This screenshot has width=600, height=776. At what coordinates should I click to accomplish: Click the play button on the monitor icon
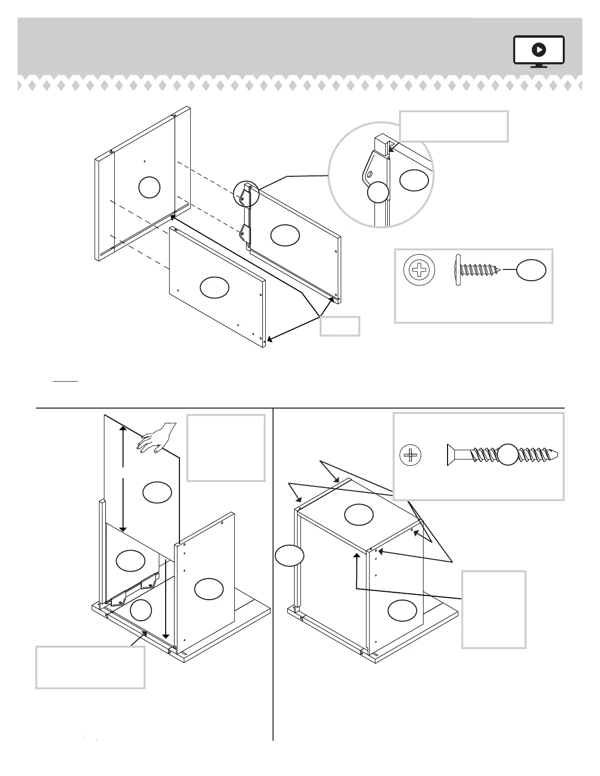539,49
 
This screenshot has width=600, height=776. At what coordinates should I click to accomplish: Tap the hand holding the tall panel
156,437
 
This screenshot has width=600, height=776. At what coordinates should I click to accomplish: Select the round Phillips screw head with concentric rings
419,269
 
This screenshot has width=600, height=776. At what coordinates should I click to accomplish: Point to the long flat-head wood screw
502,455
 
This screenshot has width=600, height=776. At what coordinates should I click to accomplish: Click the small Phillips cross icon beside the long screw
410,456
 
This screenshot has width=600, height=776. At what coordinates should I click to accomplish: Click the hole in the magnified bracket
371,173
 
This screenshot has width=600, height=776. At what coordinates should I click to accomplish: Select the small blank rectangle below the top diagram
340,326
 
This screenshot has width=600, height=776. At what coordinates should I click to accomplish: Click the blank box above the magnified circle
454,126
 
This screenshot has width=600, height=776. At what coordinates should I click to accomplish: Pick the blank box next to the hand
226,448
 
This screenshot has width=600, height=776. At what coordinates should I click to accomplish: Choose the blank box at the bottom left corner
90,667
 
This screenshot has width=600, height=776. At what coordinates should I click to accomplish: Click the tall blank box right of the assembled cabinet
494,609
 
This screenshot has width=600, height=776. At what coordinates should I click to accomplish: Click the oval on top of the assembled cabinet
359,514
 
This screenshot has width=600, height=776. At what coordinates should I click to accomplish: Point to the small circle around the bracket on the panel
246,193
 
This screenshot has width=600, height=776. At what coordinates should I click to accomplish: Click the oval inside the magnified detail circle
414,180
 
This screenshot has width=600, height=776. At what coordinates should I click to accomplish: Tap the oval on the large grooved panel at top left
149,187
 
